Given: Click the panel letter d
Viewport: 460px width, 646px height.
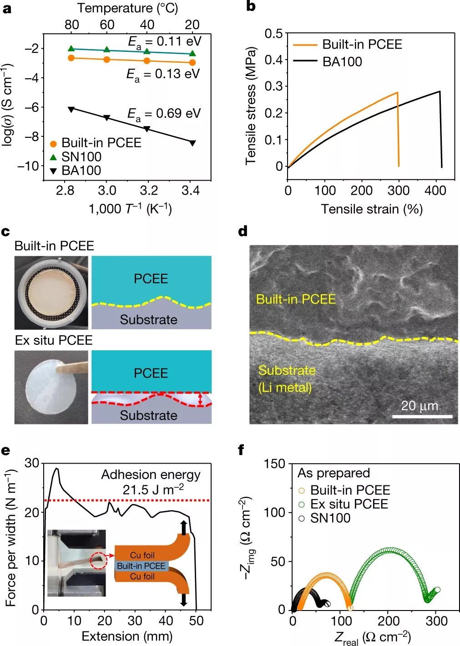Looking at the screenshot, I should click(243, 232).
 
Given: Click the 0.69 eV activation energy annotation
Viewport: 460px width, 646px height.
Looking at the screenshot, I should click(164, 114).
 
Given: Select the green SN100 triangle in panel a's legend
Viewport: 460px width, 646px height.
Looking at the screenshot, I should click(53, 157).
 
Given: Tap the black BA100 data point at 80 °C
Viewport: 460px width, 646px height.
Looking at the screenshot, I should click(71, 109).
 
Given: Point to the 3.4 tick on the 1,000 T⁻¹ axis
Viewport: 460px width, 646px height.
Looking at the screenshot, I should click(191, 191).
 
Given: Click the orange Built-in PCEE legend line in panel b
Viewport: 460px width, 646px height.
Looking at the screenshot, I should click(305, 45).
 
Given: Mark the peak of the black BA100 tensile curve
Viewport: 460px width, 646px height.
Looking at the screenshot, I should click(440, 91).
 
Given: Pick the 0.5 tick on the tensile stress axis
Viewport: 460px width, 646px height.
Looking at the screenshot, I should click(273, 33).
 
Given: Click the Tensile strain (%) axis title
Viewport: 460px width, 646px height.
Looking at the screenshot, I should click(372, 209).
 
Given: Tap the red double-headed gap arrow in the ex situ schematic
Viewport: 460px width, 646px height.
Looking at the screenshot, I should click(200, 399).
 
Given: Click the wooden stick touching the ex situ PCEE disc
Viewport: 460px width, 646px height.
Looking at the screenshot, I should click(73, 367).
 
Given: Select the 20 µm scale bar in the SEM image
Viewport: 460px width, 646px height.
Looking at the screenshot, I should click(422, 416).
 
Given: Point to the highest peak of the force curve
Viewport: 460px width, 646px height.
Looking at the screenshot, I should click(57, 468).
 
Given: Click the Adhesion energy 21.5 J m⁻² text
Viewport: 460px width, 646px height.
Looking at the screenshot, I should click(151, 482).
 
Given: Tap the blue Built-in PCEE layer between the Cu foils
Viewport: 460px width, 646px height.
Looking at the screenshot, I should click(141, 566).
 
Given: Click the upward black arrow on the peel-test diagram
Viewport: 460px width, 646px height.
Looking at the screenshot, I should click(183, 527).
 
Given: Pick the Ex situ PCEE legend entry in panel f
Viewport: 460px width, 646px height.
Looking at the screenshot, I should click(349, 504).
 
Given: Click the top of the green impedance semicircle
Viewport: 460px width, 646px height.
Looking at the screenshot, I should click(389, 550).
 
